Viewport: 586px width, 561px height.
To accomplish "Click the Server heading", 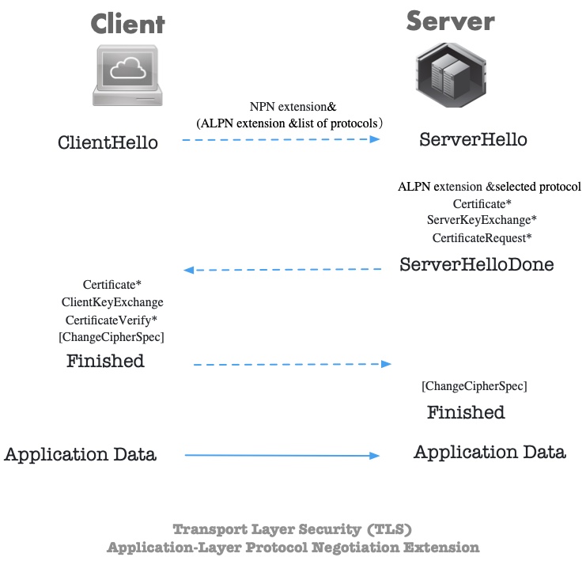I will coord(450,21).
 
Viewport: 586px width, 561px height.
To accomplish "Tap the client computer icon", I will coord(129,76).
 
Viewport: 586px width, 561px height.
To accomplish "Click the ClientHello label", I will coord(108,142).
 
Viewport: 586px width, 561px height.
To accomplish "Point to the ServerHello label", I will coord(473,139).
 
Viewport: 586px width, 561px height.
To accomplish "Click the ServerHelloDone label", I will coord(476,264).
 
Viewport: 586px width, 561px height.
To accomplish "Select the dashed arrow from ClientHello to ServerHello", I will coord(281,139).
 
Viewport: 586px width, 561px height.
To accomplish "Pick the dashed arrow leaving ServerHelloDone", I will coord(282,270).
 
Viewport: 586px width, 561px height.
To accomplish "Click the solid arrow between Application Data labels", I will coord(282,455).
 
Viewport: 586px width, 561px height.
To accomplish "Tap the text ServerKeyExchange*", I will coord(482,220).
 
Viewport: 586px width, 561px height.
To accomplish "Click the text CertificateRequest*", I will coord(482,237).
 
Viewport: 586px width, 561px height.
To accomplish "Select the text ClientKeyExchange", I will coord(112,301).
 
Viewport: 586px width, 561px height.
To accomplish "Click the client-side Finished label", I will coord(105,362).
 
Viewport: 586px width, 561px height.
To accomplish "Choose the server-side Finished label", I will coord(466,412).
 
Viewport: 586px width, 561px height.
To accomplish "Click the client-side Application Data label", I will coord(80,455).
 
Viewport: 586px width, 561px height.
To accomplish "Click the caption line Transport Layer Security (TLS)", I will coord(292,529).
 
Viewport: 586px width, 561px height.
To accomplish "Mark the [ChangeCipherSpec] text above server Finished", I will coord(474,386).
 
